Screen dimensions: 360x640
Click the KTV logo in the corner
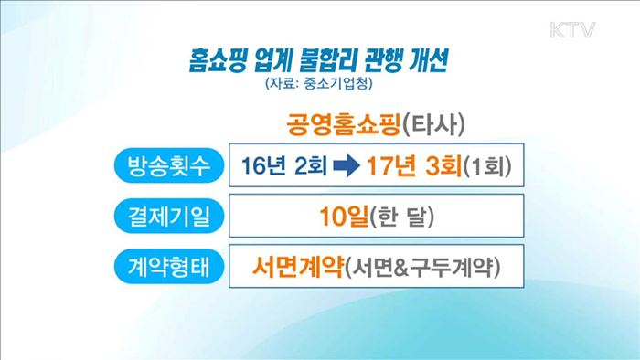pyautogui.click(x=573, y=31)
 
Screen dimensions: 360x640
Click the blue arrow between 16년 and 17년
pyautogui.click(x=346, y=168)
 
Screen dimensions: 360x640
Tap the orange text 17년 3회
pyautogui.click(x=412, y=168)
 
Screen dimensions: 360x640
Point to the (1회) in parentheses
pyautogui.click(x=485, y=169)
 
